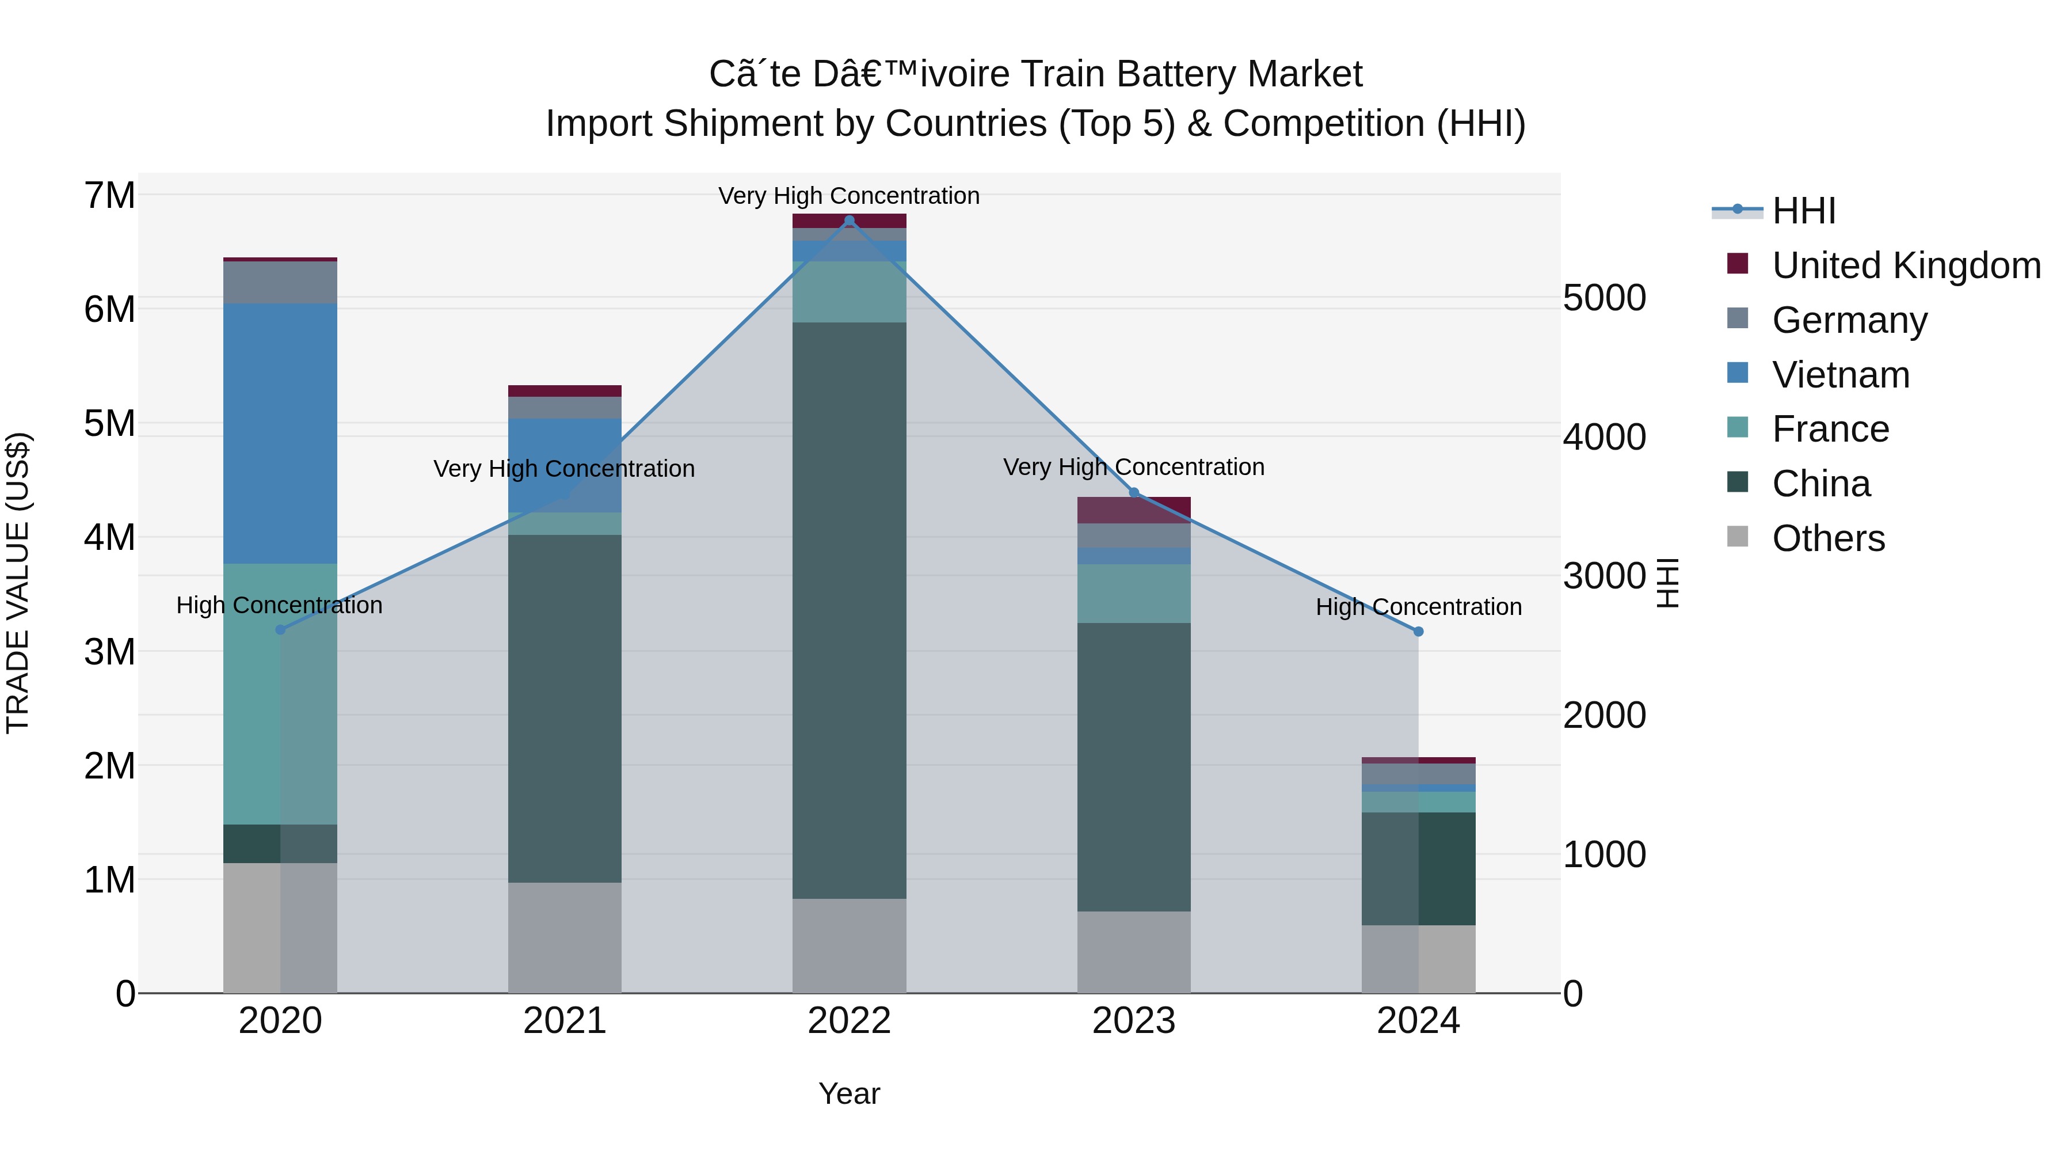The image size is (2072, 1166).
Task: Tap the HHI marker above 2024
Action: tap(1418, 632)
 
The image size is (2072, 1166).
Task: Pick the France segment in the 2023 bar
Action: tap(1133, 593)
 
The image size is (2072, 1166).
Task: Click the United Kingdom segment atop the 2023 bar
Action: tap(1133, 510)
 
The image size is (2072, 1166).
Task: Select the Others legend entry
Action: tap(1827, 538)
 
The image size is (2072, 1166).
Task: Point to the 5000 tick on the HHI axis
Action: tap(1604, 298)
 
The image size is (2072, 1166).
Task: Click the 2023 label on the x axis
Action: tap(1133, 1021)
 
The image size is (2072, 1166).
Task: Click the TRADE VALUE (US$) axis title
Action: tap(18, 583)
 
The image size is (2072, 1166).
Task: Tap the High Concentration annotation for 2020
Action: tap(279, 605)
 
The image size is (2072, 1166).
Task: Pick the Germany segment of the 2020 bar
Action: tap(280, 283)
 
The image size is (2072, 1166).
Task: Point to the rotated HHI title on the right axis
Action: tap(1668, 583)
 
